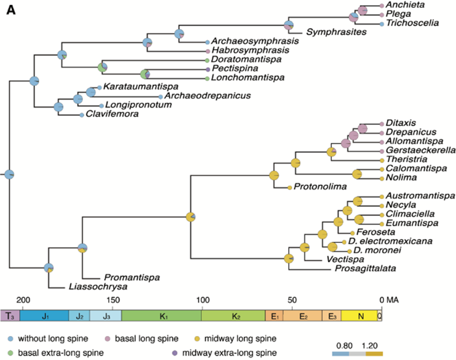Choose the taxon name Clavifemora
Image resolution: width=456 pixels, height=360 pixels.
click(113, 114)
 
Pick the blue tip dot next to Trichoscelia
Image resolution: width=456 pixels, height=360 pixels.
click(381, 23)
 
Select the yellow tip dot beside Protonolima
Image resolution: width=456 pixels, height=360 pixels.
click(290, 187)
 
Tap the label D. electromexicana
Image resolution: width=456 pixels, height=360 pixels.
click(390, 241)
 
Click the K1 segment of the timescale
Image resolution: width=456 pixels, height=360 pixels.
click(161, 316)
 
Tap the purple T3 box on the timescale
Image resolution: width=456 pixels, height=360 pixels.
click(10, 316)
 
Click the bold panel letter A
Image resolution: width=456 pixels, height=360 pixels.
click(11, 10)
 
